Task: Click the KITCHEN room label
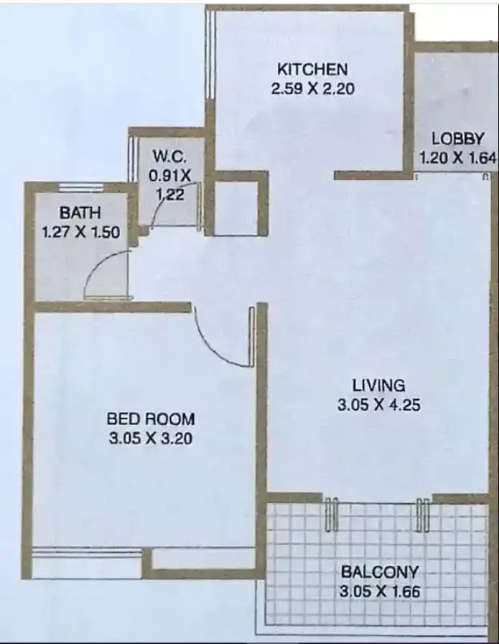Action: coord(312,70)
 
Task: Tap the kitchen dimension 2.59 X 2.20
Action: coord(312,90)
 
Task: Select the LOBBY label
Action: coord(457,139)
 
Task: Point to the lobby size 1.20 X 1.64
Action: coord(457,158)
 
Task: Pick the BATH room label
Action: coord(80,213)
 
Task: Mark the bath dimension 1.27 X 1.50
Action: coord(80,232)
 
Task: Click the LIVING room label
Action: coord(378,384)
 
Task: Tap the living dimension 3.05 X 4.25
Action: coord(378,405)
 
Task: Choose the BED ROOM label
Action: coord(150,419)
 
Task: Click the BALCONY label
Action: coord(379,572)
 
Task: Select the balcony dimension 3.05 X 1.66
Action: coord(379,592)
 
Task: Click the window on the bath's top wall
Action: coord(81,187)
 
